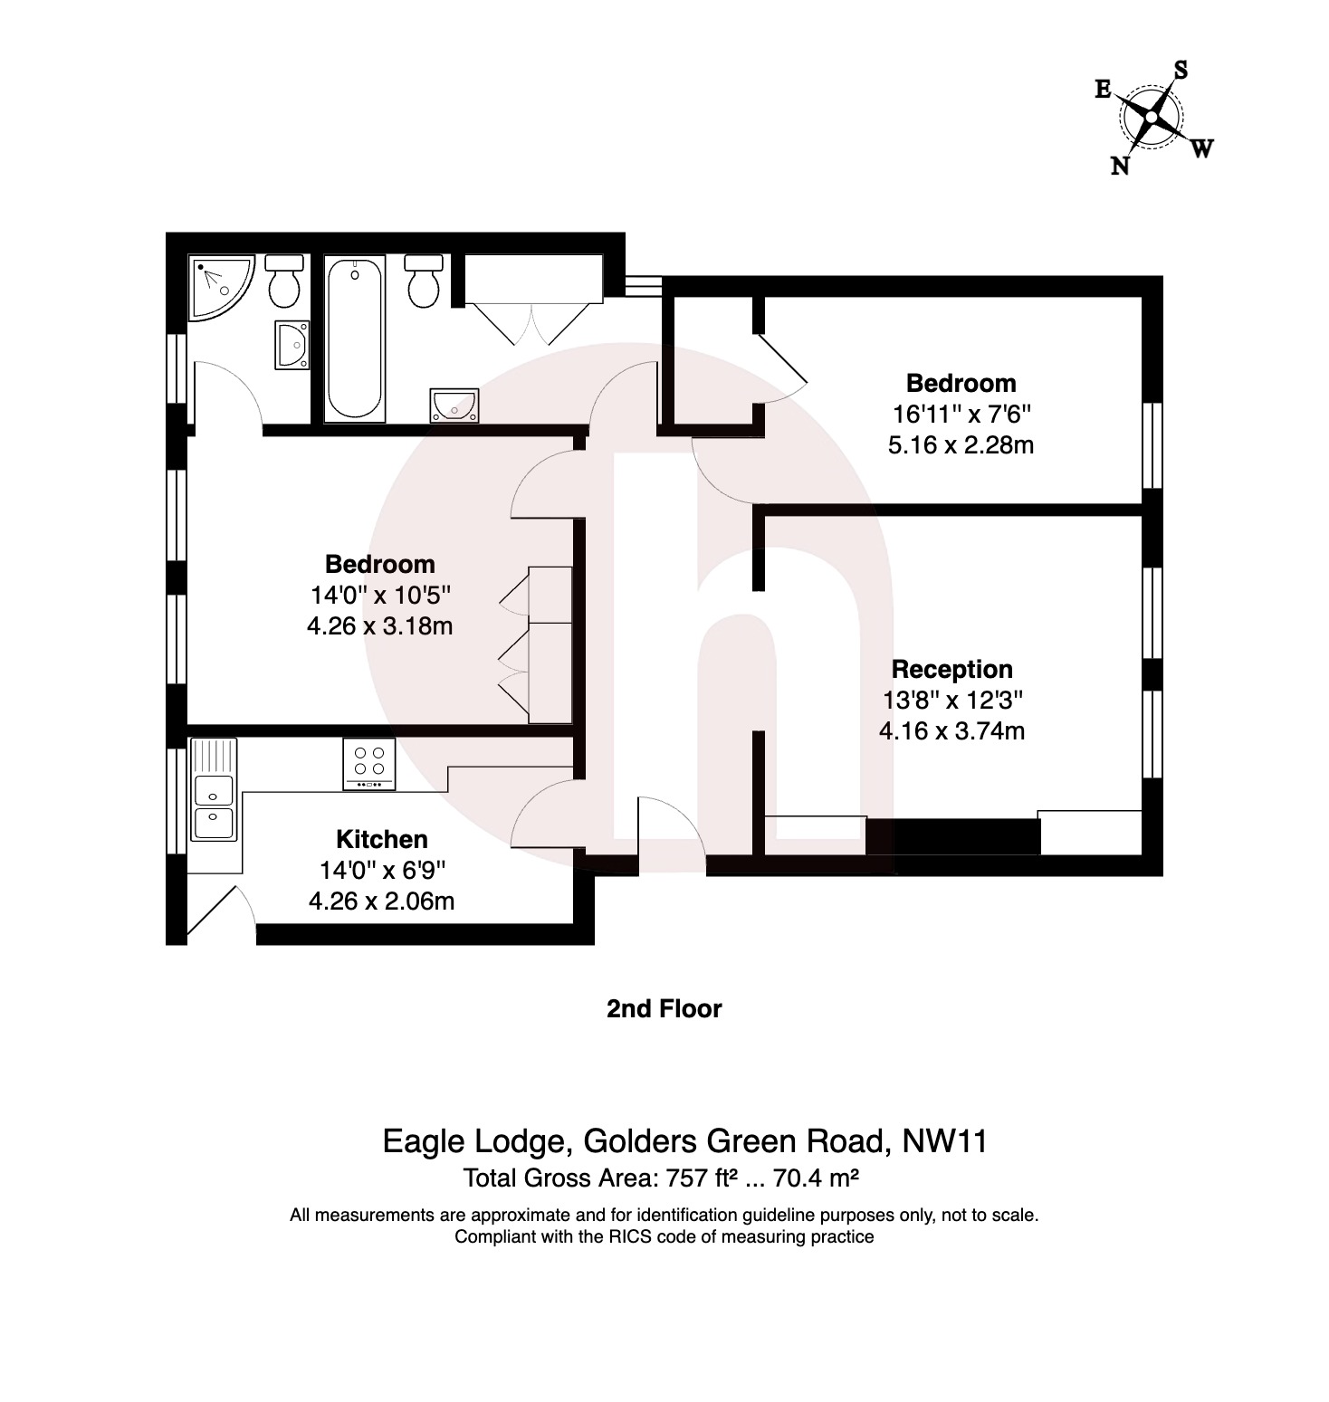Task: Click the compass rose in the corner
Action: tap(1152, 118)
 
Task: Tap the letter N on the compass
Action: tap(1120, 166)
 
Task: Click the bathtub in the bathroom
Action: tap(354, 339)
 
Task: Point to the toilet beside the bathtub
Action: tap(424, 281)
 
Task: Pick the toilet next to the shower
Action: tap(284, 281)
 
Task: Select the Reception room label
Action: tap(951, 669)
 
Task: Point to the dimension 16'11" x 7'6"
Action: tap(961, 415)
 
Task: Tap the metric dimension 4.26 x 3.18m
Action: tap(379, 625)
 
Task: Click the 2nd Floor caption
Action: tap(664, 1008)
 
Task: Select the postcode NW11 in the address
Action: tap(944, 1140)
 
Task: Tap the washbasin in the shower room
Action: tap(292, 345)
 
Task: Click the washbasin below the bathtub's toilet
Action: tap(454, 405)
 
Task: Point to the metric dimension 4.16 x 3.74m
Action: tap(951, 730)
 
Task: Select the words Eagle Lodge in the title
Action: tap(473, 1140)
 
